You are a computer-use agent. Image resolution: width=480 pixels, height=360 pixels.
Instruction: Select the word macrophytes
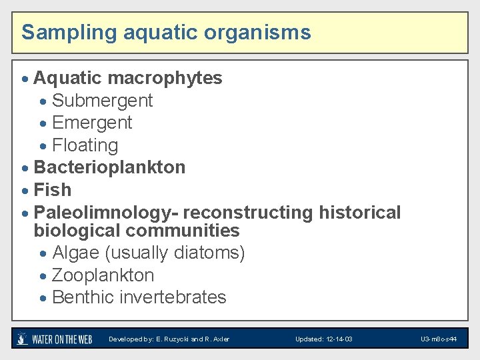pos(165,78)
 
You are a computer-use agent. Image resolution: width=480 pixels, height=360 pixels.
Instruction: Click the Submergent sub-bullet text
pos(102,101)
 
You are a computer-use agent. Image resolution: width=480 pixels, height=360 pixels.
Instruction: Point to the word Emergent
pos(92,123)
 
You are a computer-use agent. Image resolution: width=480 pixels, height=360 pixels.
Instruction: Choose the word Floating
pos(85,145)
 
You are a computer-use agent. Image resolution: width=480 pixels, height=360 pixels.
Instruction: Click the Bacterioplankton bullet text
pos(109,167)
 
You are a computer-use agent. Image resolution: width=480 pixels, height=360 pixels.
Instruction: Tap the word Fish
pos(52,190)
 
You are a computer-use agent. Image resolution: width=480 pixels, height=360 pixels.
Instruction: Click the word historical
pos(360,213)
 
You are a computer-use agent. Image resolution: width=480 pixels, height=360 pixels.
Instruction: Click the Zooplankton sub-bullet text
pos(103,275)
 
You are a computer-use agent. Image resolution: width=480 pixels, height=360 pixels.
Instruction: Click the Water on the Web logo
pos(55,339)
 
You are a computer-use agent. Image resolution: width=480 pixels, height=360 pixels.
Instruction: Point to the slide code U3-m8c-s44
pos(438,339)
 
